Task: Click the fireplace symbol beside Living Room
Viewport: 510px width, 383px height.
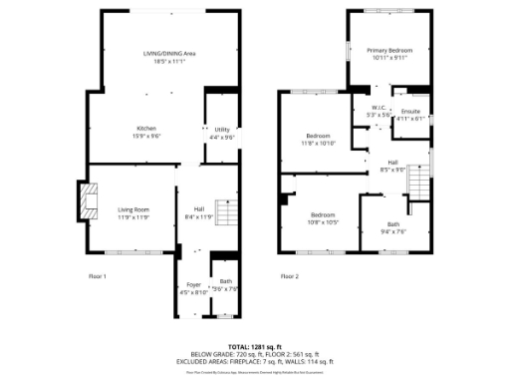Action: pos(89,199)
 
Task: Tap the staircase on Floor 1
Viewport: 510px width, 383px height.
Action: pos(228,212)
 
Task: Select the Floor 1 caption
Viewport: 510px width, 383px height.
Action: pos(98,275)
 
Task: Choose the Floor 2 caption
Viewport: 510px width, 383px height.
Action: pos(290,275)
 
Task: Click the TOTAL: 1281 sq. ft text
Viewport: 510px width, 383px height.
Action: pos(255,346)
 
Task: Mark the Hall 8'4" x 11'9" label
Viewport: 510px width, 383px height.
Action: pos(199,211)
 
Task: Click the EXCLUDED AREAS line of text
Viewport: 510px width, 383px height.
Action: pos(255,360)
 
